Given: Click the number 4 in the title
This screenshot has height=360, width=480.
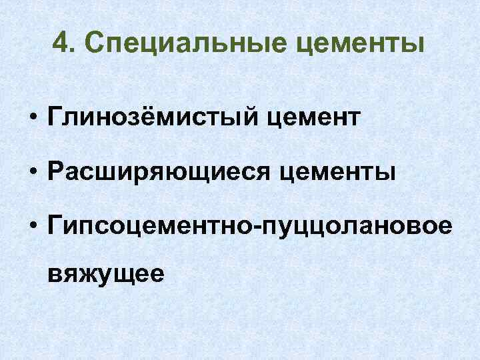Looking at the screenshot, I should tap(60, 45).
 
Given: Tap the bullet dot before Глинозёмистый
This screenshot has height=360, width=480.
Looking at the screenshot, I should tap(31, 119).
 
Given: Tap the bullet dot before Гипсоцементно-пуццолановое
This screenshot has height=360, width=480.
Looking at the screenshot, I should tap(31, 229).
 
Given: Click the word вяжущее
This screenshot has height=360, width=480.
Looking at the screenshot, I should tap(105, 274).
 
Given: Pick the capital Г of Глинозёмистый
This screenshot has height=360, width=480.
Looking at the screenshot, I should tap(53, 118).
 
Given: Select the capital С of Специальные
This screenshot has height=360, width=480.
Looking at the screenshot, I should tap(96, 45).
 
